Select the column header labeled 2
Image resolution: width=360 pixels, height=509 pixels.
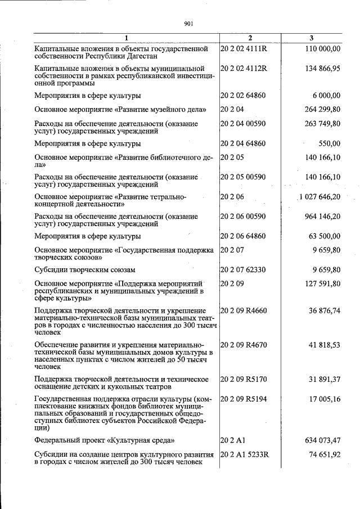pyautogui.click(x=250, y=38)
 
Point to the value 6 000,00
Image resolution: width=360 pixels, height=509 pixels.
pyautogui.click(x=324, y=96)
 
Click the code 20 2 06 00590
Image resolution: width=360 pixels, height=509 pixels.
pyautogui.click(x=243, y=217)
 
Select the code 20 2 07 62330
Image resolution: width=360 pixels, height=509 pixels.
pyautogui.click(x=243, y=270)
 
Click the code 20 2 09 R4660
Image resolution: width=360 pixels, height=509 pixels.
pyautogui.click(x=244, y=310)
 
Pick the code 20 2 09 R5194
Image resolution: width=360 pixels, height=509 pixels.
pyautogui.click(x=244, y=399)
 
